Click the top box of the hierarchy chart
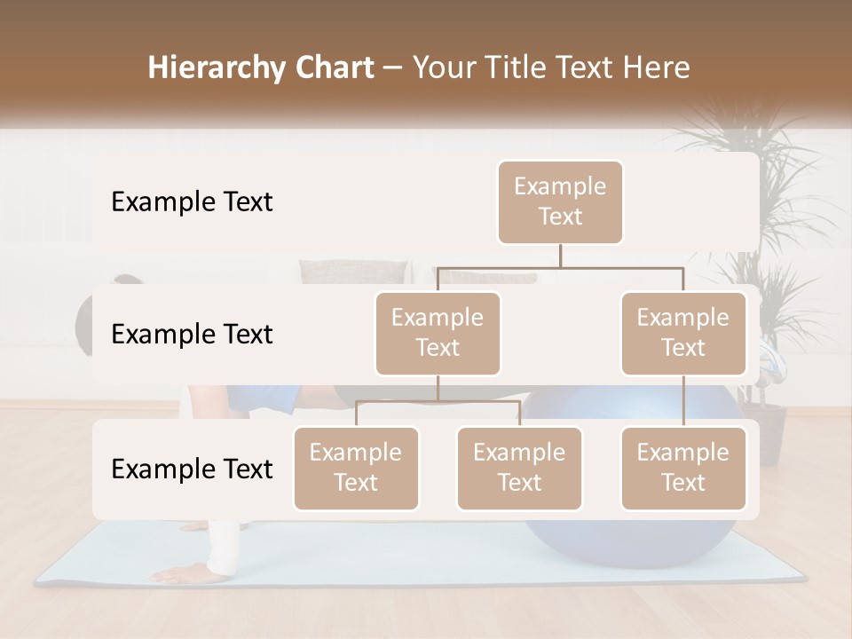pos(560,201)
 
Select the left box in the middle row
pos(438,333)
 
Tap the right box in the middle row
pos(683,333)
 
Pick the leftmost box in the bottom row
pos(356,468)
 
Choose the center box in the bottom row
pos(519,468)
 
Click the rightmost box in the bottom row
pos(683,468)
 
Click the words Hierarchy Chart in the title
pos(261,68)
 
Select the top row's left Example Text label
pos(192,202)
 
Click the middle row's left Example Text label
pos(192,335)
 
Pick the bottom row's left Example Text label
pos(192,469)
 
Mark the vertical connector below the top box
pos(560,255)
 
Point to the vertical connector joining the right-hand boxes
pos(683,401)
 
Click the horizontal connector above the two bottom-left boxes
pos(438,401)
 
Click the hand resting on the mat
pos(191,572)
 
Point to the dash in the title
pos(392,68)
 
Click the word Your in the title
pos(441,68)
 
